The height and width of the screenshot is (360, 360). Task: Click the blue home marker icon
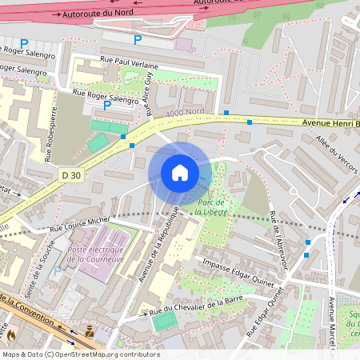pos(180,172)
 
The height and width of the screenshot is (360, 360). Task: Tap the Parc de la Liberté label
pos(212,207)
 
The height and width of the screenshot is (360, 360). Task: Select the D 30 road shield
pos(70,174)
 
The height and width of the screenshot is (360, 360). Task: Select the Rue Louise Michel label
pos(80,225)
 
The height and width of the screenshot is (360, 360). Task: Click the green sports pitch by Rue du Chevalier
pos(164,321)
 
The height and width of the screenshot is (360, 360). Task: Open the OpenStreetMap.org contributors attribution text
pos(104,354)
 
